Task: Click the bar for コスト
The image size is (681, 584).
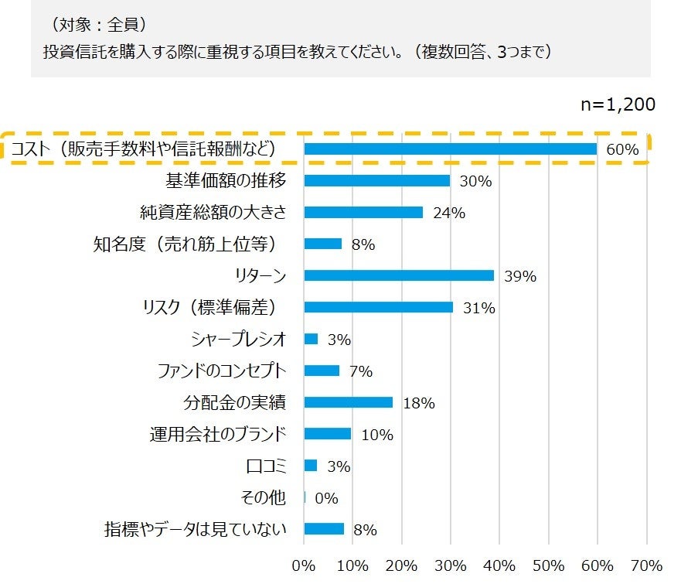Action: [x=450, y=149]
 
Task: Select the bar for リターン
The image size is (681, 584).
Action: [x=399, y=275]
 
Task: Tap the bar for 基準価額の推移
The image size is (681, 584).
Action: [x=377, y=181]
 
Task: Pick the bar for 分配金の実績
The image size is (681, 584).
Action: [x=349, y=402]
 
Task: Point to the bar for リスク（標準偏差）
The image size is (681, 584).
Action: [x=379, y=307]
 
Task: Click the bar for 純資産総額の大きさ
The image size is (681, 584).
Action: [x=363, y=213]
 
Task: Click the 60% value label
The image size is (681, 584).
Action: [x=622, y=150]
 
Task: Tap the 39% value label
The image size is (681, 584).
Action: [x=519, y=276]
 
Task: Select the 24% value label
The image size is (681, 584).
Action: [x=448, y=213]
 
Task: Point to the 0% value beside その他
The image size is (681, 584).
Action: [x=325, y=498]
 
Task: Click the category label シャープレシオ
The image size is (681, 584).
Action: [x=239, y=339]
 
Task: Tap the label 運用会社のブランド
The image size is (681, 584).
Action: [x=218, y=434]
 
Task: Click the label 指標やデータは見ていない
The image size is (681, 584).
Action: [x=196, y=529]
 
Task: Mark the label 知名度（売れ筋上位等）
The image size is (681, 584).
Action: [x=185, y=244]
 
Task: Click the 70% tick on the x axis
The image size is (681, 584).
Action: [x=646, y=565]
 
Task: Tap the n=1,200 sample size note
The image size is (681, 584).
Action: [x=618, y=105]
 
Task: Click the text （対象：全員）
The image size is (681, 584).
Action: [x=96, y=25]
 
